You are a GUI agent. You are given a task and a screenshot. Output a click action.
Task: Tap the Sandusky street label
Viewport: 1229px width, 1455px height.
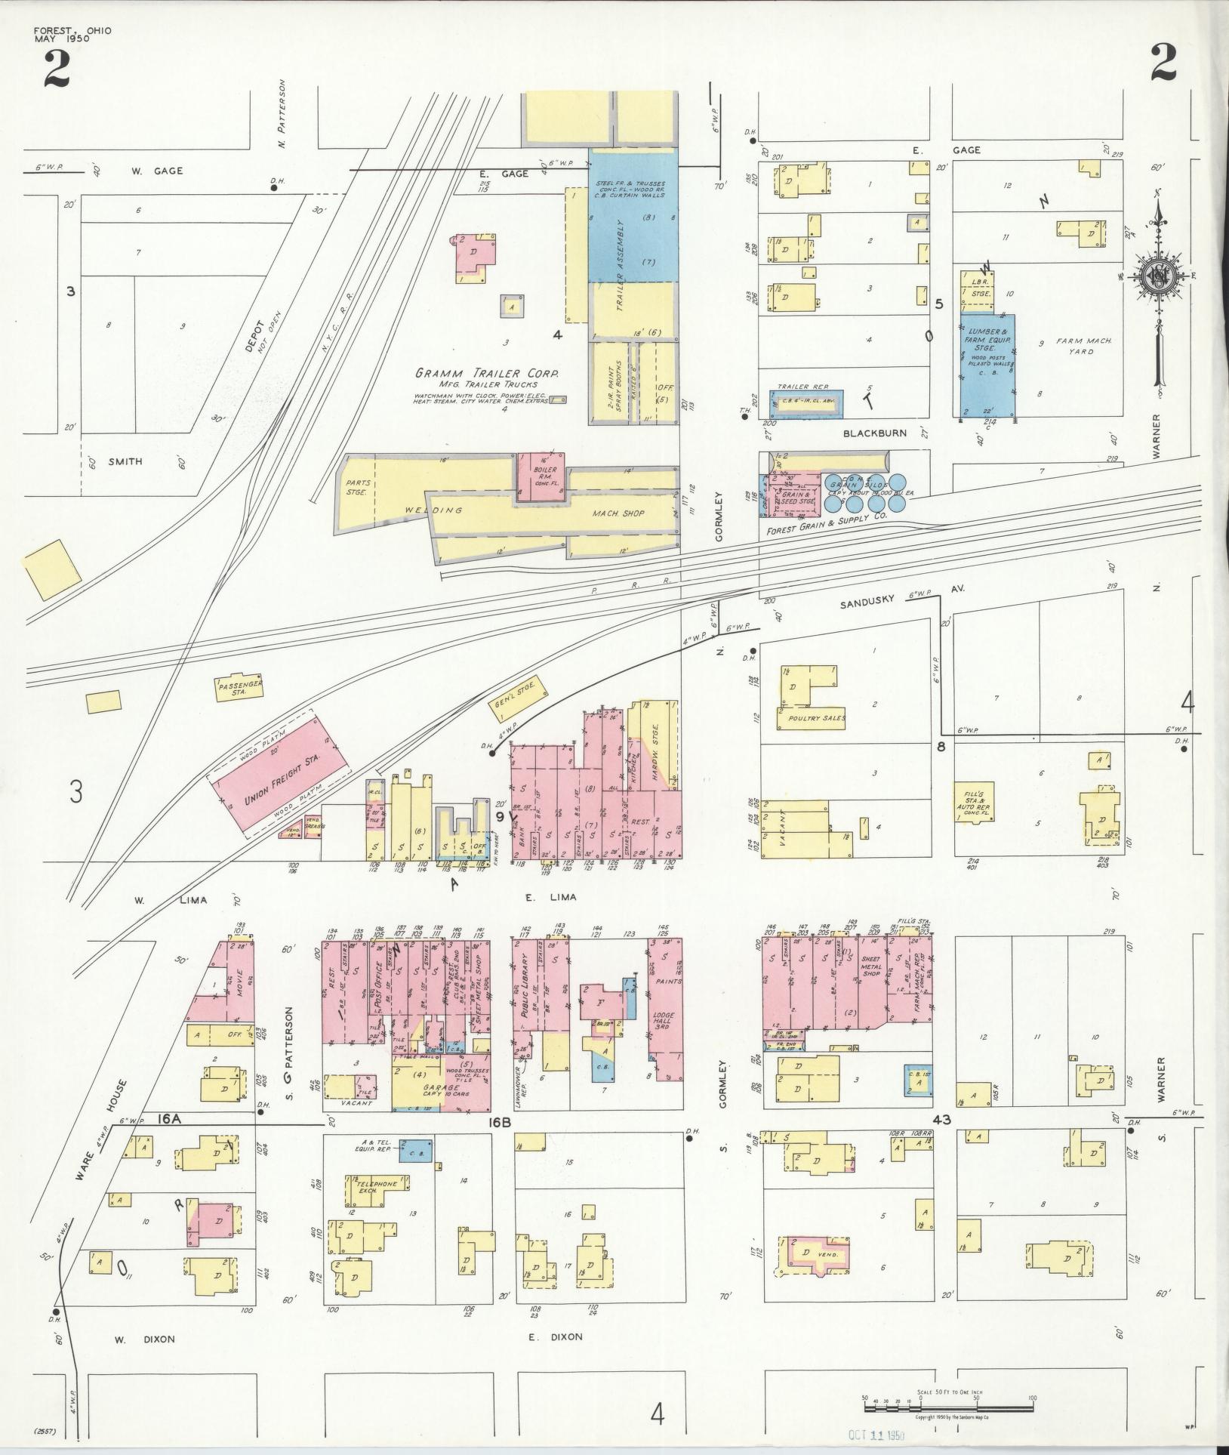pyautogui.click(x=868, y=599)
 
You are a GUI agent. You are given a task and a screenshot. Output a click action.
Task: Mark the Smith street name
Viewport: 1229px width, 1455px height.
pyautogui.click(x=125, y=461)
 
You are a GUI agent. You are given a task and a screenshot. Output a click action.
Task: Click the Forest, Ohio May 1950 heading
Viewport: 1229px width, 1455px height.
pyautogui.click(x=72, y=35)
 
